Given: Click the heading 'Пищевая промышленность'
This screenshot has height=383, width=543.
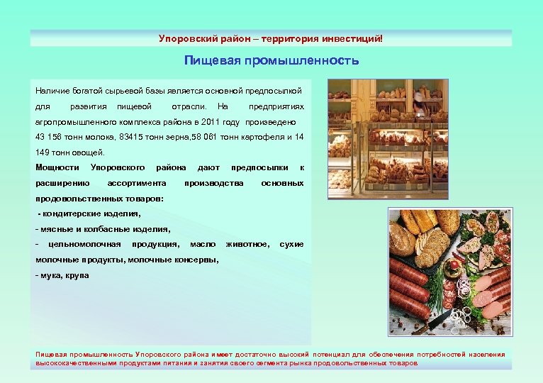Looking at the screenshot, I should tap(271, 61).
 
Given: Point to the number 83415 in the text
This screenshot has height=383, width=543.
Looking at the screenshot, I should tap(134, 136).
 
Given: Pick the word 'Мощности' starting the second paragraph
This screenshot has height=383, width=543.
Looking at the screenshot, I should tap(57, 167).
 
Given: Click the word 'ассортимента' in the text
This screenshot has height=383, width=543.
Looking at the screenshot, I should tap(132, 183).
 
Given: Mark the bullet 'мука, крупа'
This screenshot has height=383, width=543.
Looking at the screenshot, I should tap(65, 275).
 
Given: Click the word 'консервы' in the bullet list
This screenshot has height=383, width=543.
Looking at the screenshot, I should tap(196, 260).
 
